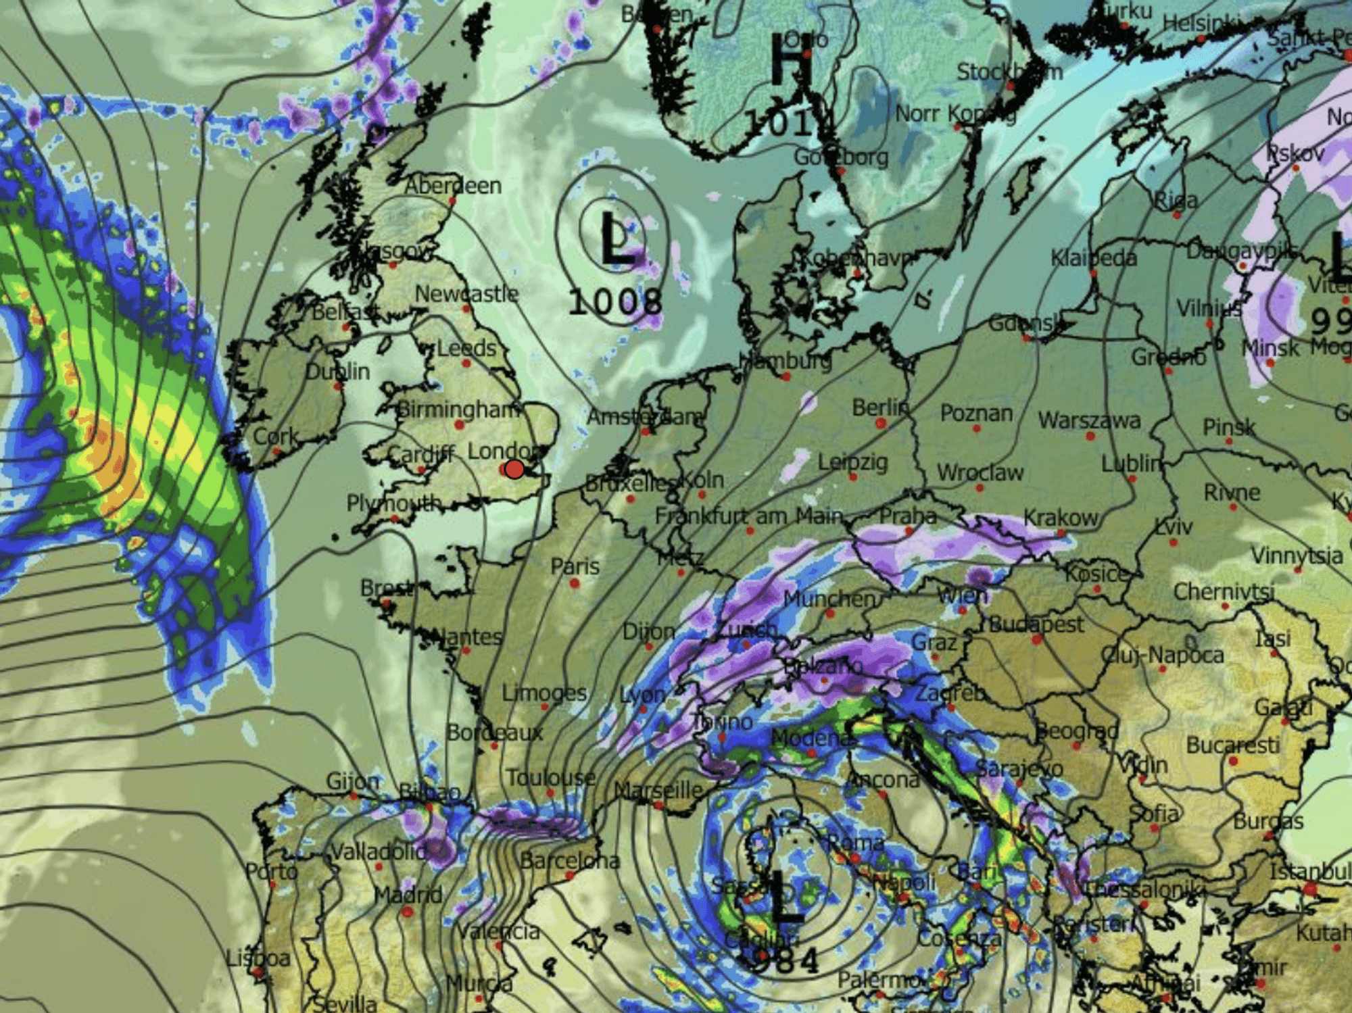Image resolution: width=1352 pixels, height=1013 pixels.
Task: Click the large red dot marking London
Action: pyautogui.click(x=514, y=469)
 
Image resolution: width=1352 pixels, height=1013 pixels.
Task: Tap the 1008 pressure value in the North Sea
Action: pyautogui.click(x=614, y=301)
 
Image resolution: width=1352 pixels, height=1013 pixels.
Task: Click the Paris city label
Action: pyautogui.click(x=575, y=566)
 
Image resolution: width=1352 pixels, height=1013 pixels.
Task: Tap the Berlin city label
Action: pyautogui.click(x=880, y=407)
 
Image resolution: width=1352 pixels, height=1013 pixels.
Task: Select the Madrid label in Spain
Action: pyautogui.click(x=408, y=895)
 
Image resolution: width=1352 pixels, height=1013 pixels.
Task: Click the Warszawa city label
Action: pyautogui.click(x=1089, y=420)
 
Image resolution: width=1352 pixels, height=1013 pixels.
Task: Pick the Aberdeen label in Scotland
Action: pyautogui.click(x=453, y=185)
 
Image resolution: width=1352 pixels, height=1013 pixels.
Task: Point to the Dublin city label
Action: pyautogui.click(x=337, y=371)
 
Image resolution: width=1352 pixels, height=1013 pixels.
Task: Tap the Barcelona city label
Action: pyautogui.click(x=569, y=860)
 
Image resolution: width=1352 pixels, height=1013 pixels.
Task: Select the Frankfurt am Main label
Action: pyautogui.click(x=749, y=516)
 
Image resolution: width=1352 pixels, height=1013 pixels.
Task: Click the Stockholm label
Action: pyautogui.click(x=1009, y=72)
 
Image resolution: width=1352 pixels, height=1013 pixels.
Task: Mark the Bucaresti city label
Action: pyautogui.click(x=1232, y=745)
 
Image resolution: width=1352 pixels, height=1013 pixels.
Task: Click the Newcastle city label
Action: pyautogui.click(x=466, y=294)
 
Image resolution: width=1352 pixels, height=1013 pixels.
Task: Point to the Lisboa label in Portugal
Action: pyautogui.click(x=258, y=958)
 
